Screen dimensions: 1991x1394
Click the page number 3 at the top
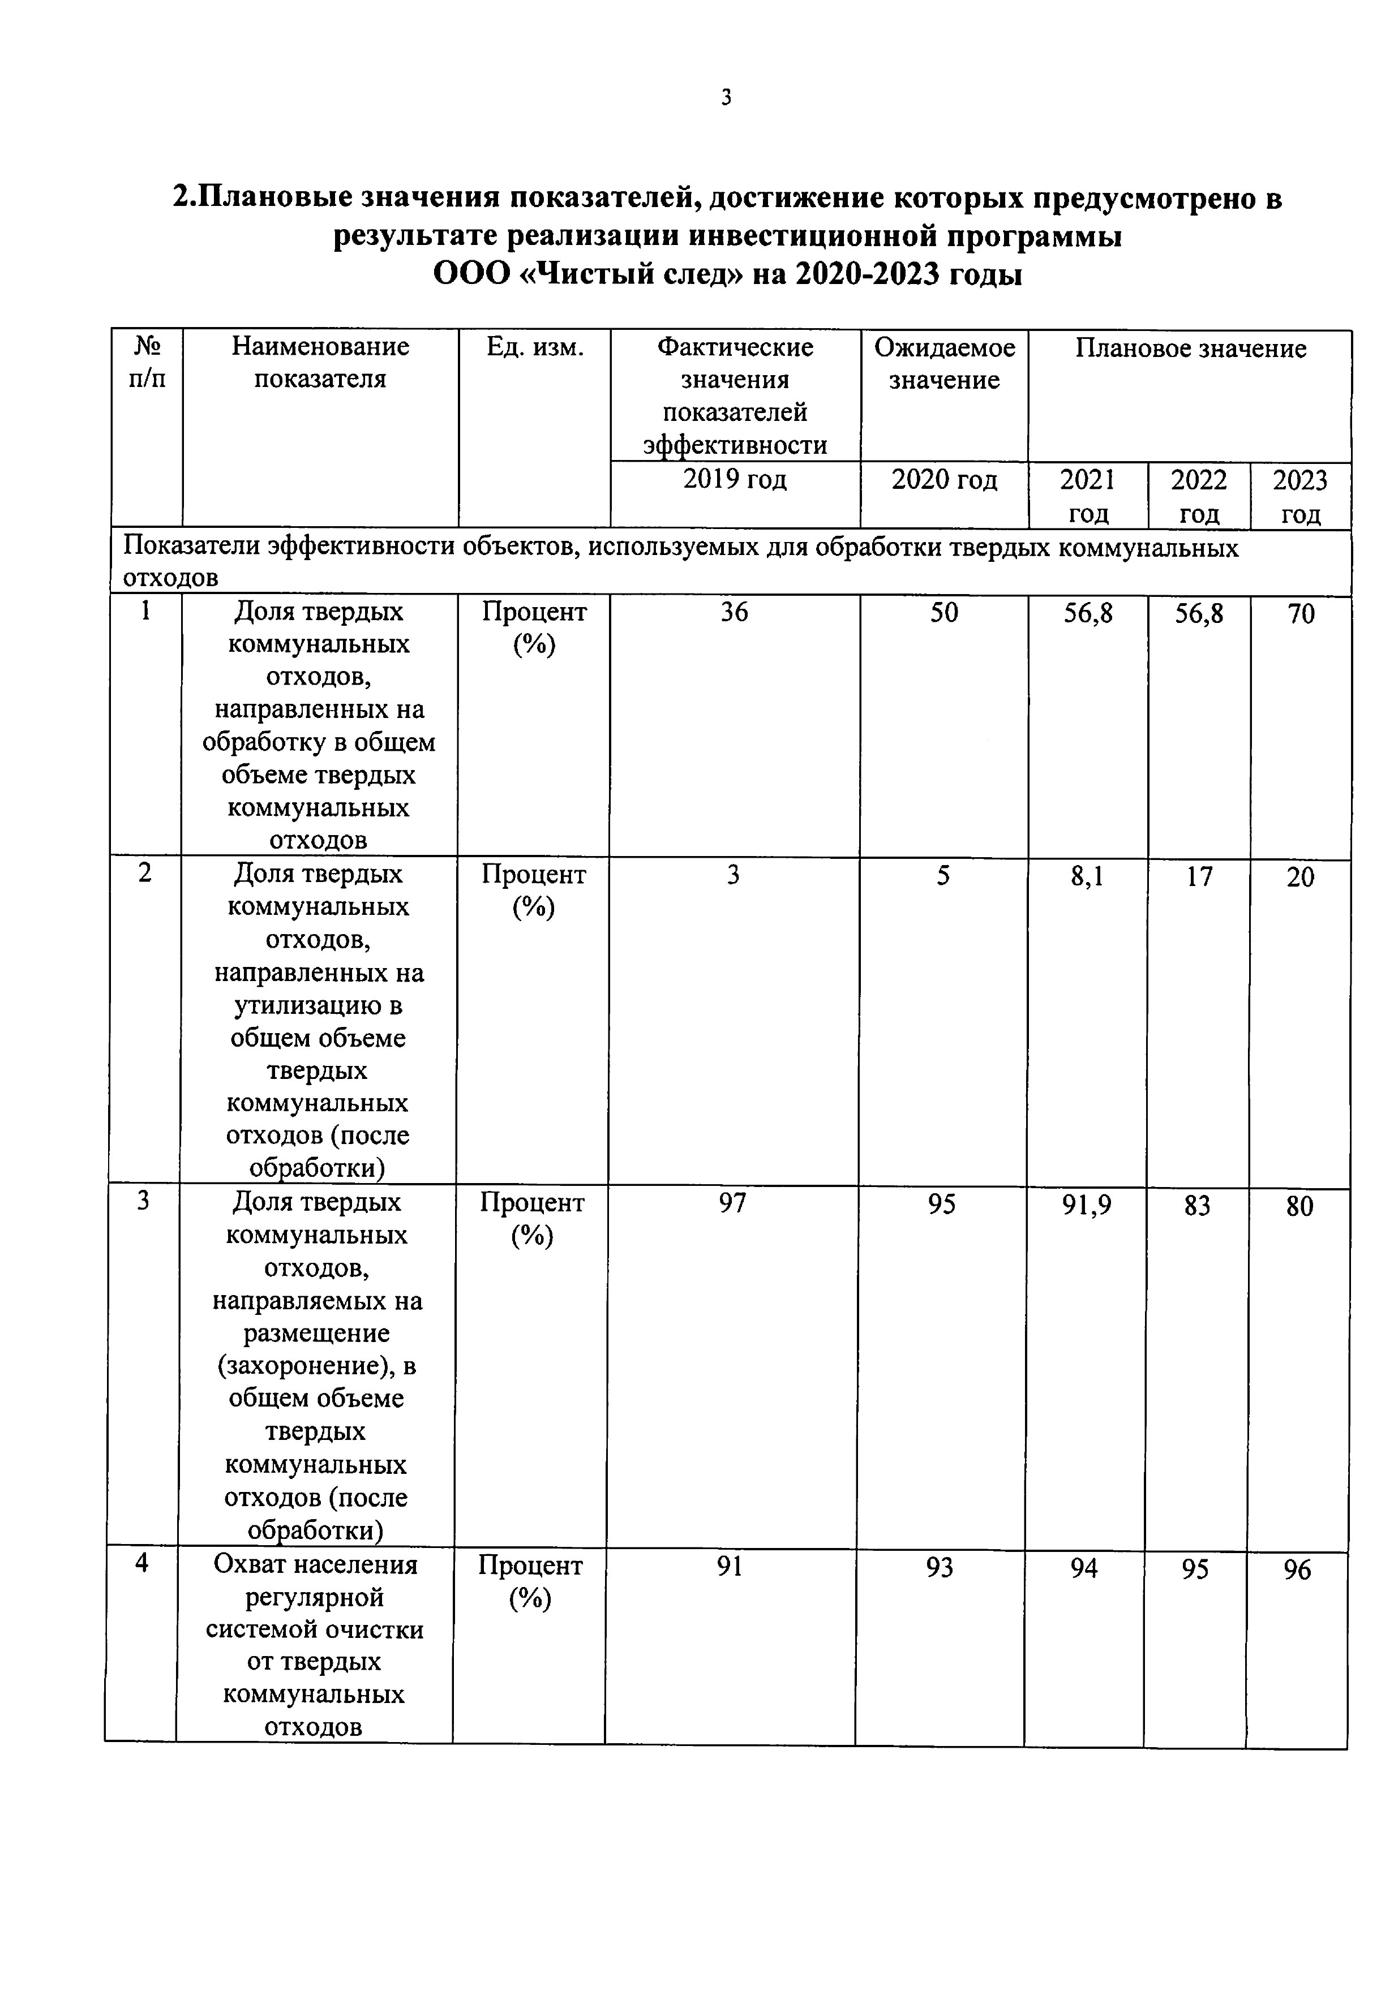(x=726, y=97)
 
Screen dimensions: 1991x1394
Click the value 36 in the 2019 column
(x=734, y=612)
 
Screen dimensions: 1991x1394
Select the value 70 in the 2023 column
(x=1300, y=614)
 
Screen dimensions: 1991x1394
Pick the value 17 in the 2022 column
(x=1199, y=877)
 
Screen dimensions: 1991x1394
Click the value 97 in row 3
(x=732, y=1203)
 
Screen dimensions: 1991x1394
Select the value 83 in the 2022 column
(x=1197, y=1205)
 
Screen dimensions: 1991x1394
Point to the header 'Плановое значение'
(x=1190, y=349)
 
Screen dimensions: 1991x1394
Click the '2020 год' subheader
(x=944, y=480)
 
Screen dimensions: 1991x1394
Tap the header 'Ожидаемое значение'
(x=944, y=363)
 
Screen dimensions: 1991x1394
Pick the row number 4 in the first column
(x=141, y=1563)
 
